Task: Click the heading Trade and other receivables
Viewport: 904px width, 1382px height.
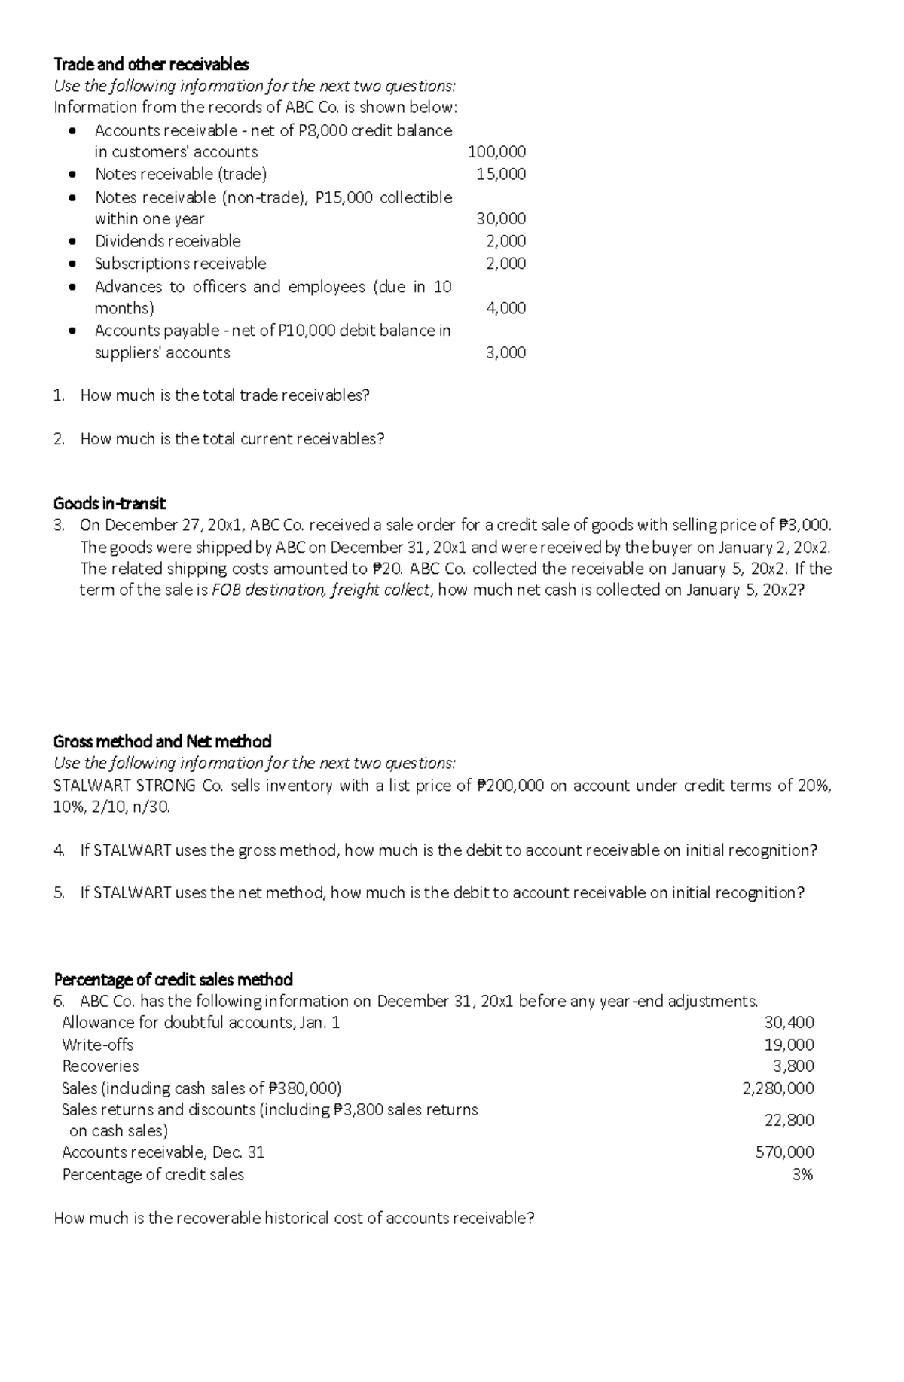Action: pyautogui.click(x=151, y=64)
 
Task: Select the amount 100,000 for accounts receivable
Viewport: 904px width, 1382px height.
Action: pyautogui.click(x=496, y=151)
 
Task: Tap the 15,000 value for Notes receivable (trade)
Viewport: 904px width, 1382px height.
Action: pyautogui.click(x=501, y=174)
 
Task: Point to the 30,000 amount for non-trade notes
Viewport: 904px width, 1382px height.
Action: pyautogui.click(x=501, y=219)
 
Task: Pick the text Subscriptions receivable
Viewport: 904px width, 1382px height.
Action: pyautogui.click(x=180, y=264)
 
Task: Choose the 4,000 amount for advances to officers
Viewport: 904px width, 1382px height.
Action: pyautogui.click(x=505, y=308)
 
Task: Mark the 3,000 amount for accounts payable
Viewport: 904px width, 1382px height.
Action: pyautogui.click(x=505, y=352)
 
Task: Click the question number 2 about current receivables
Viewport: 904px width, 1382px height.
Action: pyautogui.click(x=59, y=439)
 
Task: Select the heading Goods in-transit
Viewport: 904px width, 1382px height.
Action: pyautogui.click(x=109, y=503)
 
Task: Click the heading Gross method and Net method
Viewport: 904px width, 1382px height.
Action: pyautogui.click(x=162, y=741)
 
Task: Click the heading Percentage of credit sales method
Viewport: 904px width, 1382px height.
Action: pyautogui.click(x=173, y=979)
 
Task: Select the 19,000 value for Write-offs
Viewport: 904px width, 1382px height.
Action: pyautogui.click(x=789, y=1045)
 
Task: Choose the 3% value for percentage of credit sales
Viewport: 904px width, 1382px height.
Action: pyautogui.click(x=802, y=1174)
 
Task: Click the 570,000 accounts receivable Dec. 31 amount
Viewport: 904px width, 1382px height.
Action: pyautogui.click(x=784, y=1152)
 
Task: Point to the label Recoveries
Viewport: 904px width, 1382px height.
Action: pyautogui.click(x=100, y=1066)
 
